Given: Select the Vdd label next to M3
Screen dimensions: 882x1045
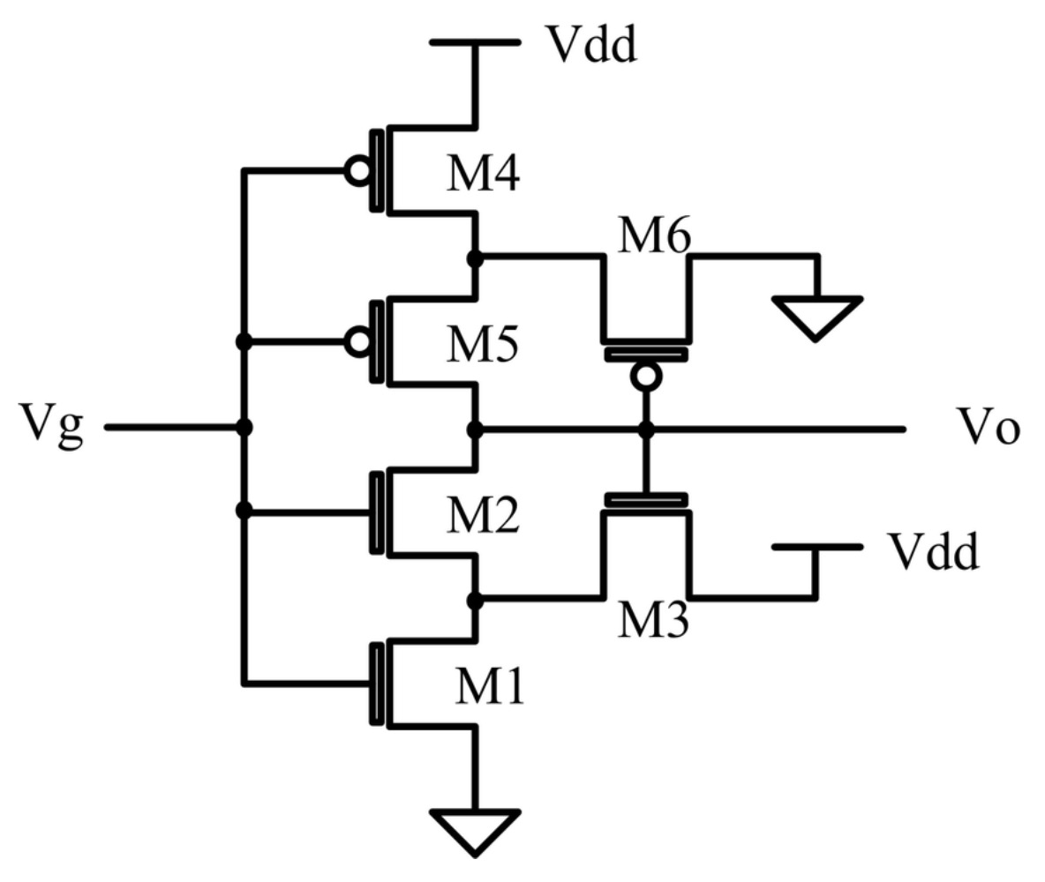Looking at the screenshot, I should pos(934,552).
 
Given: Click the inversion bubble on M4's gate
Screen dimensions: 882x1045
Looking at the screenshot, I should pos(357,172).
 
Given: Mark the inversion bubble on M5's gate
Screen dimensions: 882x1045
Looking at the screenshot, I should pos(357,342).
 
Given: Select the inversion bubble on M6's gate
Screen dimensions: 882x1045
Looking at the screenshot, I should pos(646,377).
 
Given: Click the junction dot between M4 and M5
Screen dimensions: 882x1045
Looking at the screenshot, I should pos(475,258).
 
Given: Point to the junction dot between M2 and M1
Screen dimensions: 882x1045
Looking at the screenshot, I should pos(475,600).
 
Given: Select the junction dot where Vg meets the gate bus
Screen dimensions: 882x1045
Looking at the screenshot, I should pos(244,429).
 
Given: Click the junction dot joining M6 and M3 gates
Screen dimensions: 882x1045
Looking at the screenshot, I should pos(646,430).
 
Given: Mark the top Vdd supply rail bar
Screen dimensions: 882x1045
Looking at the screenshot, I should pos(475,41).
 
